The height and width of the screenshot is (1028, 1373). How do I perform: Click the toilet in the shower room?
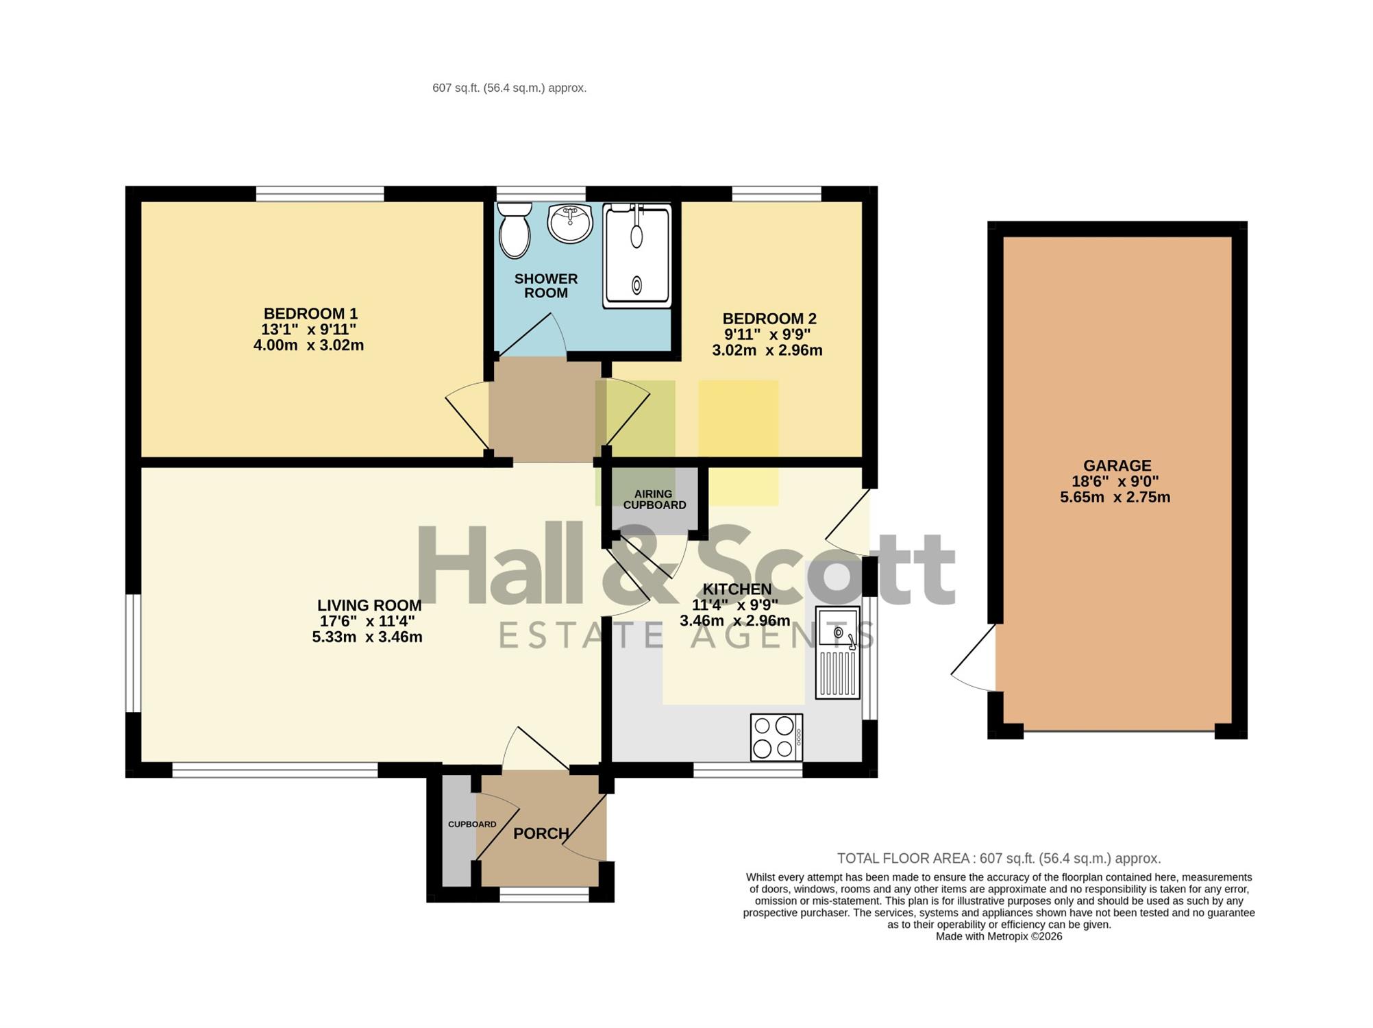pos(515,230)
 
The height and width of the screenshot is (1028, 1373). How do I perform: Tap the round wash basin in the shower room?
pos(570,223)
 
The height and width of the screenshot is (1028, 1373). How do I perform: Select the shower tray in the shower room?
pos(637,256)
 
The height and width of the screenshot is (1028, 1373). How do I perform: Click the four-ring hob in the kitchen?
pos(777,737)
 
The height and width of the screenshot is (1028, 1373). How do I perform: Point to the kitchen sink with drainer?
pos(837,653)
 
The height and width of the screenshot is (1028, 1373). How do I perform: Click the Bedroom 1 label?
pos(310,314)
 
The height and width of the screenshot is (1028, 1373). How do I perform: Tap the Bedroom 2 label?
pos(769,319)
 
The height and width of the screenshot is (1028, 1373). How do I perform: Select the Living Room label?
pos(369,606)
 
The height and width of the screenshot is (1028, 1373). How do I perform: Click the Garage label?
pos(1117,466)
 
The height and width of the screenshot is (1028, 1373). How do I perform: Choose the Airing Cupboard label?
pos(654,500)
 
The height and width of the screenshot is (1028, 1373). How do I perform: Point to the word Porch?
pos(541,833)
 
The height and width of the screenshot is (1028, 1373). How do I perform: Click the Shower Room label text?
pos(546,286)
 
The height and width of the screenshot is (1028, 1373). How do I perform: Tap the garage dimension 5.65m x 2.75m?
pos(1115,498)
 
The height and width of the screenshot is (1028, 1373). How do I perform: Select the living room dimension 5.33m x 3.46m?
pos(367,637)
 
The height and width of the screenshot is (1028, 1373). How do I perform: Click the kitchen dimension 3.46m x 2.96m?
pos(735,621)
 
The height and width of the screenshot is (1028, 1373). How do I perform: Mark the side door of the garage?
pos(973,658)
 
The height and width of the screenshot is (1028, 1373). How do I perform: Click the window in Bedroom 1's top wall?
pos(320,194)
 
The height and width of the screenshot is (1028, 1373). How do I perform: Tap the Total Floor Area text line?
pos(999,858)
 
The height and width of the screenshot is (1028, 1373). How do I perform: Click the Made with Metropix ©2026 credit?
pos(999,936)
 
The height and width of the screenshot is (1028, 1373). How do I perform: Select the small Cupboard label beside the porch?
pos(472,824)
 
